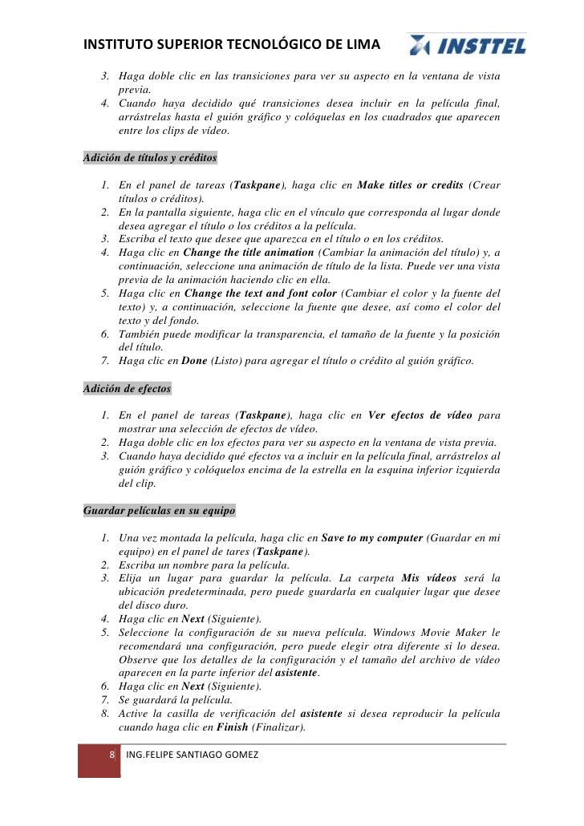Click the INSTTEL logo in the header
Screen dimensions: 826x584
[x=467, y=46]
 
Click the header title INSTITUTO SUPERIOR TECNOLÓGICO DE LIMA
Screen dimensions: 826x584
[x=233, y=45]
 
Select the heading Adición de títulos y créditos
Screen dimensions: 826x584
[x=150, y=157]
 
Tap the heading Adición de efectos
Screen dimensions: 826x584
[x=127, y=389]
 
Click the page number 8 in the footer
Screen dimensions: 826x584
[x=112, y=755]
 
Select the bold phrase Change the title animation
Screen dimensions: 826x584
[x=249, y=253]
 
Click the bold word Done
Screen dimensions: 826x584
[x=194, y=361]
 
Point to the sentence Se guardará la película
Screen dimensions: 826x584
[x=169, y=700]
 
